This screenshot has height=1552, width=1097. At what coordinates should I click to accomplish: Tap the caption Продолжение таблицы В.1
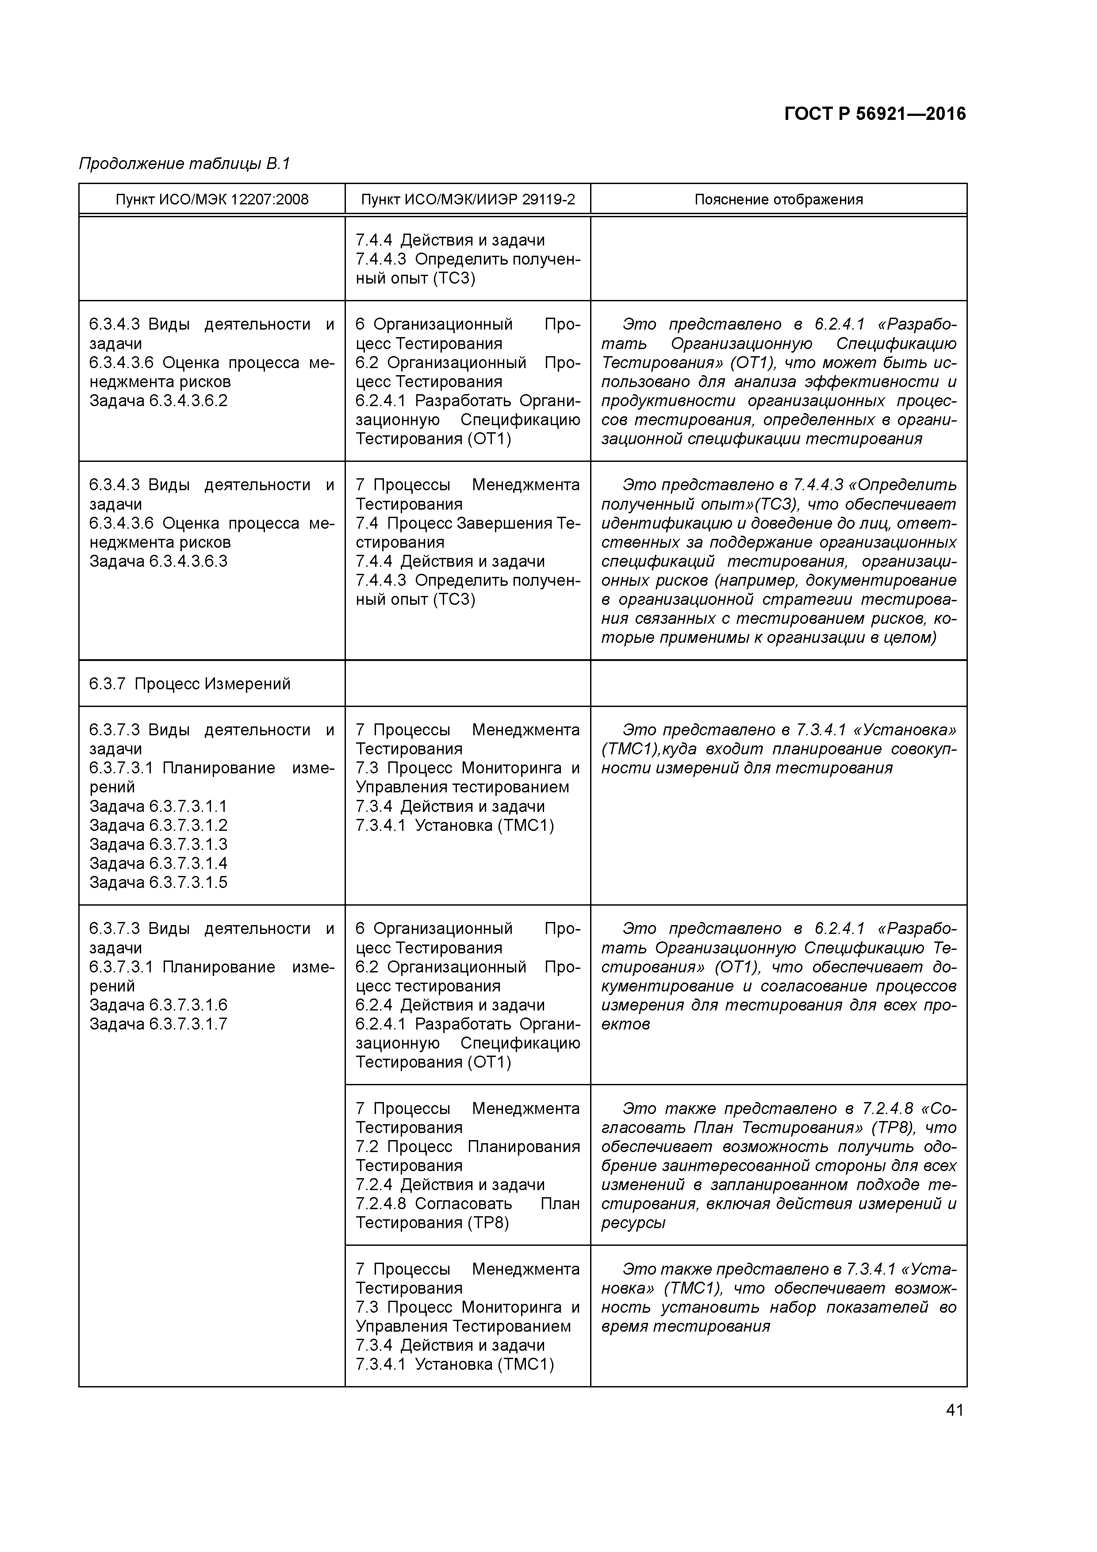[184, 164]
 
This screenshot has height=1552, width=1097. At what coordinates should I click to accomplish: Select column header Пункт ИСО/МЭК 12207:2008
[211, 200]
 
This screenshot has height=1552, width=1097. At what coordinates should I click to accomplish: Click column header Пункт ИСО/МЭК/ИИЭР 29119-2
[468, 200]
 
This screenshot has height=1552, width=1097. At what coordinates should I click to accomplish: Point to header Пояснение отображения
[779, 200]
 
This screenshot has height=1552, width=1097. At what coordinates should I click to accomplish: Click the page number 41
[955, 1410]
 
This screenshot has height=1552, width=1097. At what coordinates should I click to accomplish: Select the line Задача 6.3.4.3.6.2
[158, 401]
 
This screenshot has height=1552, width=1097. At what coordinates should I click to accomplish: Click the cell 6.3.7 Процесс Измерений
[190, 684]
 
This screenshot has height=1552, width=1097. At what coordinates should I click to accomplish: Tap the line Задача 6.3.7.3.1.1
[158, 807]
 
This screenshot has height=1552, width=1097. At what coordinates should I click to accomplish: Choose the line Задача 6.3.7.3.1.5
[158, 882]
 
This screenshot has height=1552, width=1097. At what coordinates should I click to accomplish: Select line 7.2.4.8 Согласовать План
[468, 1204]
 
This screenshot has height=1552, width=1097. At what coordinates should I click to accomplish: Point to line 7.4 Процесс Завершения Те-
[468, 523]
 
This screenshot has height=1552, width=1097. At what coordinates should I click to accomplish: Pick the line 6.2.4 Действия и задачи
[450, 1005]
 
